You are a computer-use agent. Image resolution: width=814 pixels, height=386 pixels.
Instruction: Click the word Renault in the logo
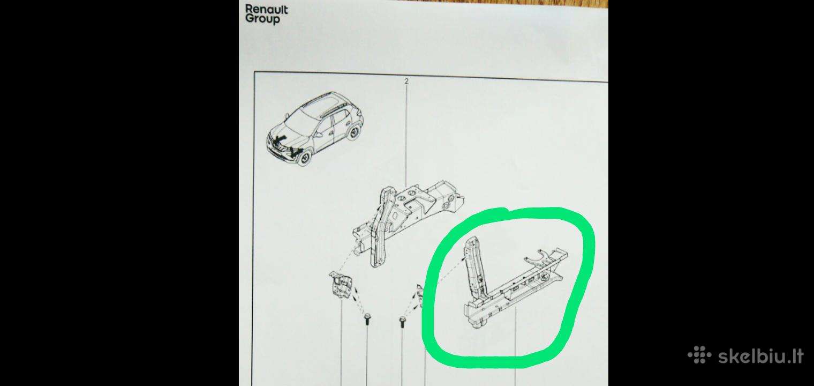click(x=266, y=10)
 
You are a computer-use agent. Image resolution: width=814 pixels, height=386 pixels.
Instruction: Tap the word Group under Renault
click(x=262, y=19)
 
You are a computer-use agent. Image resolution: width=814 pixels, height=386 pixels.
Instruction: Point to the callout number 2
click(x=406, y=81)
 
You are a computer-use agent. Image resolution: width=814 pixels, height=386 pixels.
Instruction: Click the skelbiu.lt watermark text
click(x=761, y=355)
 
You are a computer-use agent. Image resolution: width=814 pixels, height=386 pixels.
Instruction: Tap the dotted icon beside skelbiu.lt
click(x=699, y=355)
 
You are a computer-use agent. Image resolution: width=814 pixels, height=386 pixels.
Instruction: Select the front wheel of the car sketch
click(x=305, y=158)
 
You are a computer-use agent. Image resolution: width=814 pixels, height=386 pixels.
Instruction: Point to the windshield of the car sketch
click(x=298, y=119)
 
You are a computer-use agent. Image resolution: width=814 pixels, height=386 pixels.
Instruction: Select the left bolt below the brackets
click(x=367, y=320)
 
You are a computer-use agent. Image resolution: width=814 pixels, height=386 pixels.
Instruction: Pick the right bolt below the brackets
click(x=402, y=322)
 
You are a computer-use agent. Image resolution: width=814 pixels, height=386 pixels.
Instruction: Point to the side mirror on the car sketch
click(x=318, y=134)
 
